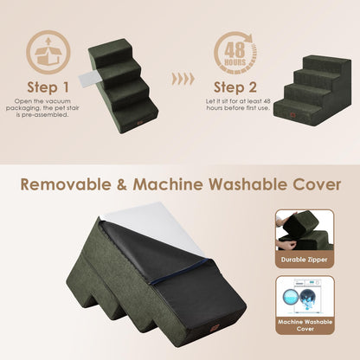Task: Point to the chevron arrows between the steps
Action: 183,80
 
